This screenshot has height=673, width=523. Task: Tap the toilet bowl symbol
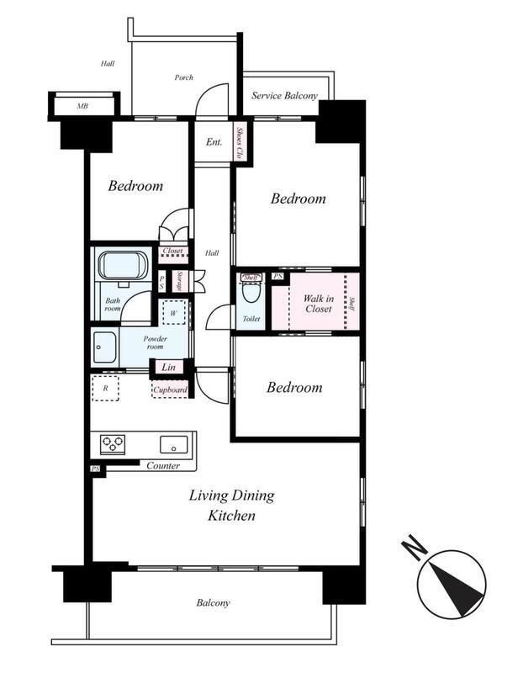coord(251,292)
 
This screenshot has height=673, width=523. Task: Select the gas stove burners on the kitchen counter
coord(113,444)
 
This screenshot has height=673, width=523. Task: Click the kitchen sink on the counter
coord(174,445)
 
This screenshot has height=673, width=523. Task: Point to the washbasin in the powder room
coord(105,347)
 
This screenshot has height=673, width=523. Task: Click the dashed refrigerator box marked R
coord(105,388)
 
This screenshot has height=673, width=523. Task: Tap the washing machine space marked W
coord(173,312)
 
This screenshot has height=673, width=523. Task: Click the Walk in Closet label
coord(319,304)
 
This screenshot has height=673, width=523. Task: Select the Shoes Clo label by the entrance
coord(240,143)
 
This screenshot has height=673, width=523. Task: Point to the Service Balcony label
coord(284,95)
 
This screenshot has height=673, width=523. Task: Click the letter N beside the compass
coord(414,546)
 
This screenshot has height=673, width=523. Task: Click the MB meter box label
coord(82,105)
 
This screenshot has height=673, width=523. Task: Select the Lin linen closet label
coord(168,367)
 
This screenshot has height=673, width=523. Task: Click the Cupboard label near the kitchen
coord(171,389)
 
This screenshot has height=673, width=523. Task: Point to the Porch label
coord(183,77)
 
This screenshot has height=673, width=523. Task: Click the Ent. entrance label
coord(214,141)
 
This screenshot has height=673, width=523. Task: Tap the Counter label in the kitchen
coord(163,466)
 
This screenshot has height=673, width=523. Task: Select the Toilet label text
coord(251,319)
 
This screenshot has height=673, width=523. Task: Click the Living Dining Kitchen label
coord(232,506)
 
